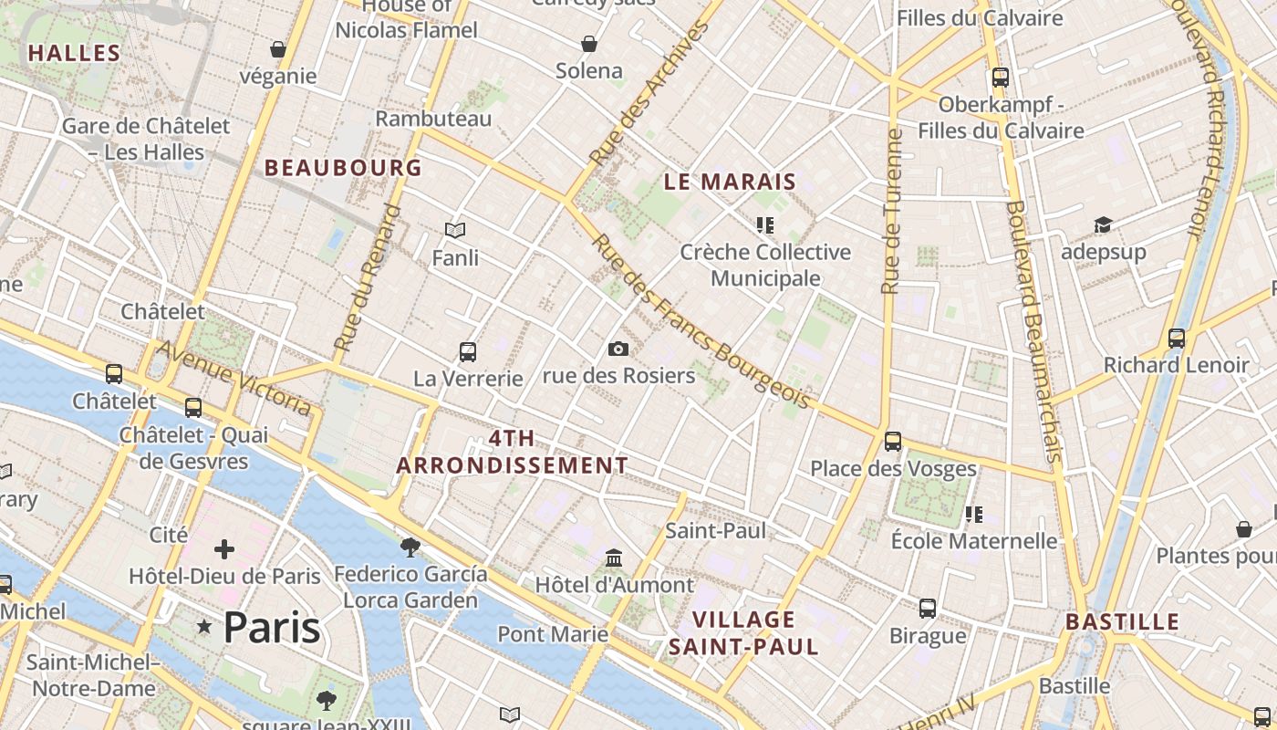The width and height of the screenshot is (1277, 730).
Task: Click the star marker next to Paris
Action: [x=204, y=627]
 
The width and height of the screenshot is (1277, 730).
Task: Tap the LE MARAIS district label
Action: [x=730, y=182]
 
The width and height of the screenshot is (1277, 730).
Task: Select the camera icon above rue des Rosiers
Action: [x=618, y=349]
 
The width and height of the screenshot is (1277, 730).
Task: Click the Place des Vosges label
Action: [x=893, y=469]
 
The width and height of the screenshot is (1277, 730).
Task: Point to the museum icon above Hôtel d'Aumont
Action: [x=614, y=558]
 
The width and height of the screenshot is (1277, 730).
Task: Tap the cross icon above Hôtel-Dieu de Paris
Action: [x=223, y=549]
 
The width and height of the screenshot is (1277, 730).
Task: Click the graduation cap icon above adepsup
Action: [x=1103, y=224]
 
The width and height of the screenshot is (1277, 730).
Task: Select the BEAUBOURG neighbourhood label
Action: [x=343, y=168]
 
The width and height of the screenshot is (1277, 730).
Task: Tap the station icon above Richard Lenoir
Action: [x=1177, y=339]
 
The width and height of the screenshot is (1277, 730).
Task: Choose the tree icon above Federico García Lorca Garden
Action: [x=410, y=547]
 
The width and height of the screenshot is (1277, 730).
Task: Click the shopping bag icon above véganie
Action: [x=277, y=49]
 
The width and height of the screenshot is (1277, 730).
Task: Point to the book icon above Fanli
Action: [x=454, y=231]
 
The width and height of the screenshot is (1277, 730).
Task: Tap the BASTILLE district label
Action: [x=1122, y=622]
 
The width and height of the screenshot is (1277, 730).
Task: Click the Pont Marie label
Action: [x=553, y=633]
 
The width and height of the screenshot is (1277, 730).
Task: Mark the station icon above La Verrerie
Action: [x=468, y=351]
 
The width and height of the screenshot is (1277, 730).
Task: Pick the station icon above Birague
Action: [x=928, y=608]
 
